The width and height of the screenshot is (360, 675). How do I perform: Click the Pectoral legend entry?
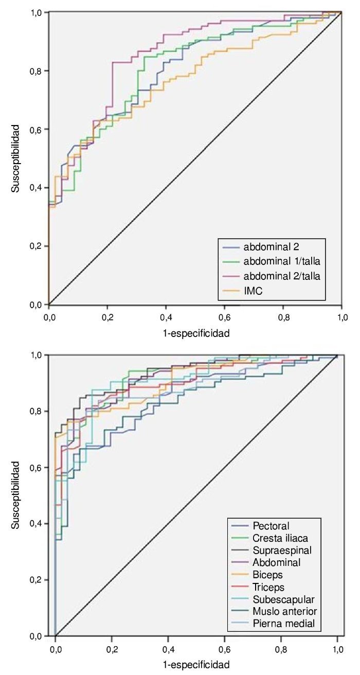click(x=271, y=526)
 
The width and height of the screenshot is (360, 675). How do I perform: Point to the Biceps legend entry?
click(x=268, y=575)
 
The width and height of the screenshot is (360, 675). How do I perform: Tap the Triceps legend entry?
click(x=269, y=587)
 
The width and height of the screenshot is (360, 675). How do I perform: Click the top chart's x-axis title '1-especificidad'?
click(x=196, y=333)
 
